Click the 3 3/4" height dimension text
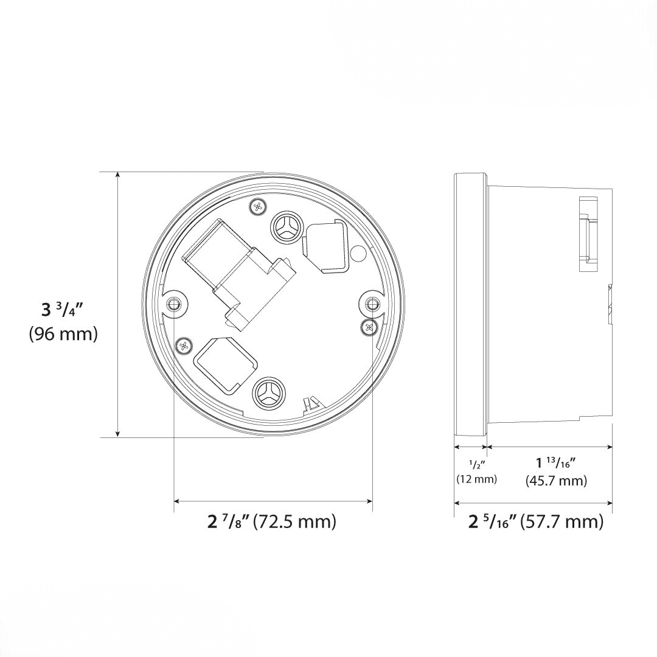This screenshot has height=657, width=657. (x=62, y=309)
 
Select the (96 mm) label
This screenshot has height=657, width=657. (x=63, y=334)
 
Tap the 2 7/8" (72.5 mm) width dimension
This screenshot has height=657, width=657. (x=271, y=521)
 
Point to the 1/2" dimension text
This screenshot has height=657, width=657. (x=476, y=465)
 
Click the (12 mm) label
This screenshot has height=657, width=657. (x=476, y=479)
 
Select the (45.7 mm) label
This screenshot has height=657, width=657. (x=556, y=481)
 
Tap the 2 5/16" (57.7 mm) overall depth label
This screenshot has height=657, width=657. (x=535, y=521)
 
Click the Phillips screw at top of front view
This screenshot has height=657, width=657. (x=259, y=206)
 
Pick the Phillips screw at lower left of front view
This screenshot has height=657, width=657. (x=184, y=346)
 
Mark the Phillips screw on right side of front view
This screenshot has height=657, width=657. (x=369, y=327)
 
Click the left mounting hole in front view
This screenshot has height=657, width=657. (x=175, y=303)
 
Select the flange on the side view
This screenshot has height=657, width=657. (x=470, y=304)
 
